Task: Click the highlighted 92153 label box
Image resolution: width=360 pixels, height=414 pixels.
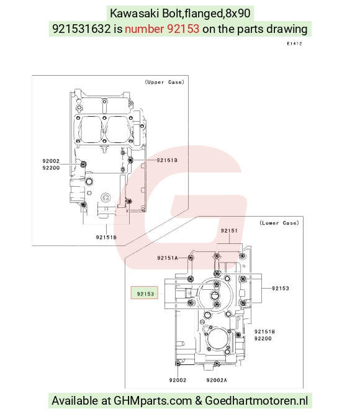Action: (x=145, y=293)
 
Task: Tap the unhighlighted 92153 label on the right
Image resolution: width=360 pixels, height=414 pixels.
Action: (x=280, y=289)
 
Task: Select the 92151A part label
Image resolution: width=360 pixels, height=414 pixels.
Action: (x=168, y=258)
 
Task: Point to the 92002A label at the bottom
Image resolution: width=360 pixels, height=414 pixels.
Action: (x=217, y=380)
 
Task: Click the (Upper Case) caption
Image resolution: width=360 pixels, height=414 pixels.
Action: (x=164, y=82)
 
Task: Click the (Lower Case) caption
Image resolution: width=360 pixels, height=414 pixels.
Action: (x=279, y=223)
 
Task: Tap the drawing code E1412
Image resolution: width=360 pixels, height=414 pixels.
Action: (x=294, y=43)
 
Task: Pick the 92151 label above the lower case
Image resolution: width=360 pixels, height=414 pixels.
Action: (x=229, y=231)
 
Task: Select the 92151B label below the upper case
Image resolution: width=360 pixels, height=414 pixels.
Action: (x=106, y=237)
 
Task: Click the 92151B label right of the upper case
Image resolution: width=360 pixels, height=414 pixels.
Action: (x=167, y=160)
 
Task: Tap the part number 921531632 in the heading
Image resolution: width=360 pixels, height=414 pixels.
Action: (x=81, y=29)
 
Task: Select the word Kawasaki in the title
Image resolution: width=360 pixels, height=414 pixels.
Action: (x=134, y=13)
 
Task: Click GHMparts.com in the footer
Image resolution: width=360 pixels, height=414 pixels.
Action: (x=153, y=400)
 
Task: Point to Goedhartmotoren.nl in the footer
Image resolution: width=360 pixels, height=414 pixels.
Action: (x=256, y=400)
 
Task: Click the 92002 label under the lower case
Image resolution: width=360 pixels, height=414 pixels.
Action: (x=178, y=380)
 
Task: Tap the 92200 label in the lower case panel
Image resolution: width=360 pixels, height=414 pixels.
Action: (x=263, y=338)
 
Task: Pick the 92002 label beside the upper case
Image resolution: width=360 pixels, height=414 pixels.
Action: (x=51, y=161)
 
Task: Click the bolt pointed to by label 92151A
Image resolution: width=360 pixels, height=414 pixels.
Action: (x=191, y=258)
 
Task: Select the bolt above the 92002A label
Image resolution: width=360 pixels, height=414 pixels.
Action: (x=217, y=364)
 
